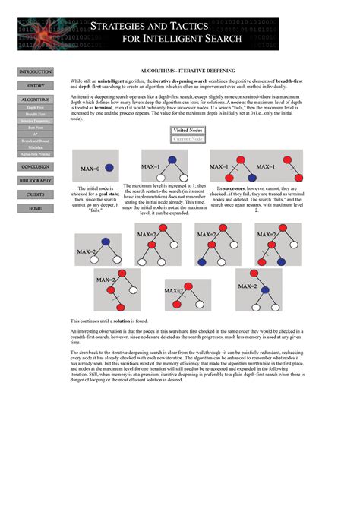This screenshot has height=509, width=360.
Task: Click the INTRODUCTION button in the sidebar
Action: pyautogui.click(x=35, y=71)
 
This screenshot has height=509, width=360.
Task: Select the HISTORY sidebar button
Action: pyautogui.click(x=35, y=86)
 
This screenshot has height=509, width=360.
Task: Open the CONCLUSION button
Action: pyautogui.click(x=35, y=166)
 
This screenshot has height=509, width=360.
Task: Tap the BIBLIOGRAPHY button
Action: pyautogui.click(x=35, y=181)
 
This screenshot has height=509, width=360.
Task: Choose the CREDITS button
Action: pyautogui.click(x=35, y=194)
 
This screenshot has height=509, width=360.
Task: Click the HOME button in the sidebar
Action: pyautogui.click(x=35, y=208)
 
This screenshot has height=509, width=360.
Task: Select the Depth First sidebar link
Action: pyautogui.click(x=35, y=108)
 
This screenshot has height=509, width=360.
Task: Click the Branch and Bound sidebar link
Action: pyautogui.click(x=35, y=141)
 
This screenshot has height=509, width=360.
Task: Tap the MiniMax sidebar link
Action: pyautogui.click(x=35, y=147)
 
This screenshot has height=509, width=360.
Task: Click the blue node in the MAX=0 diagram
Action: pyautogui.click(x=109, y=167)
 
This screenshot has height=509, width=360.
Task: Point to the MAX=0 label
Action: pyautogui.click(x=90, y=168)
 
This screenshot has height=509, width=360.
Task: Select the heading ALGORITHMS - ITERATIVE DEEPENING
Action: pyautogui.click(x=188, y=70)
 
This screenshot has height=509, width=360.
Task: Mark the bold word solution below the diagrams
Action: pyautogui.click(x=123, y=321)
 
